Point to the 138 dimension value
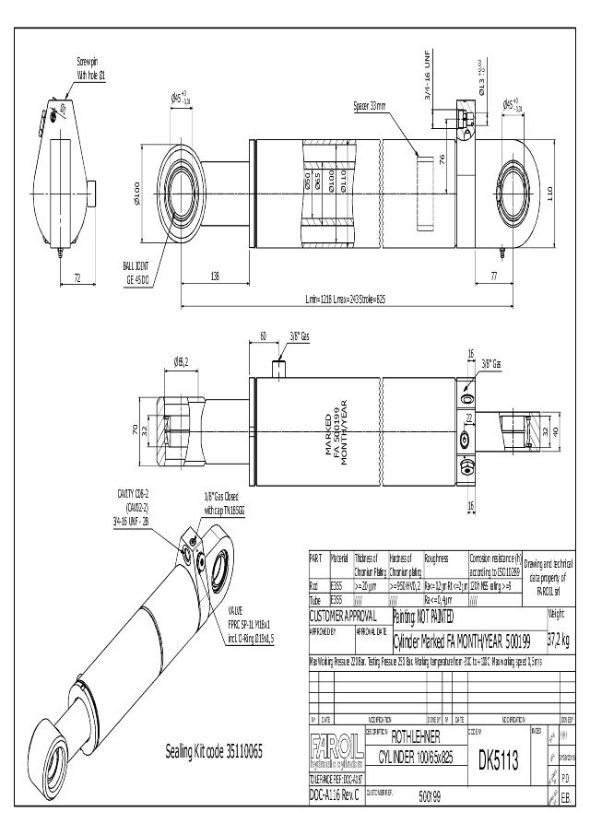214,276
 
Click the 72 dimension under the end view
77,276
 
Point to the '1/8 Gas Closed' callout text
223,503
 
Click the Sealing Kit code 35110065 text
213,752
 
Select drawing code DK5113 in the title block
498,760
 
